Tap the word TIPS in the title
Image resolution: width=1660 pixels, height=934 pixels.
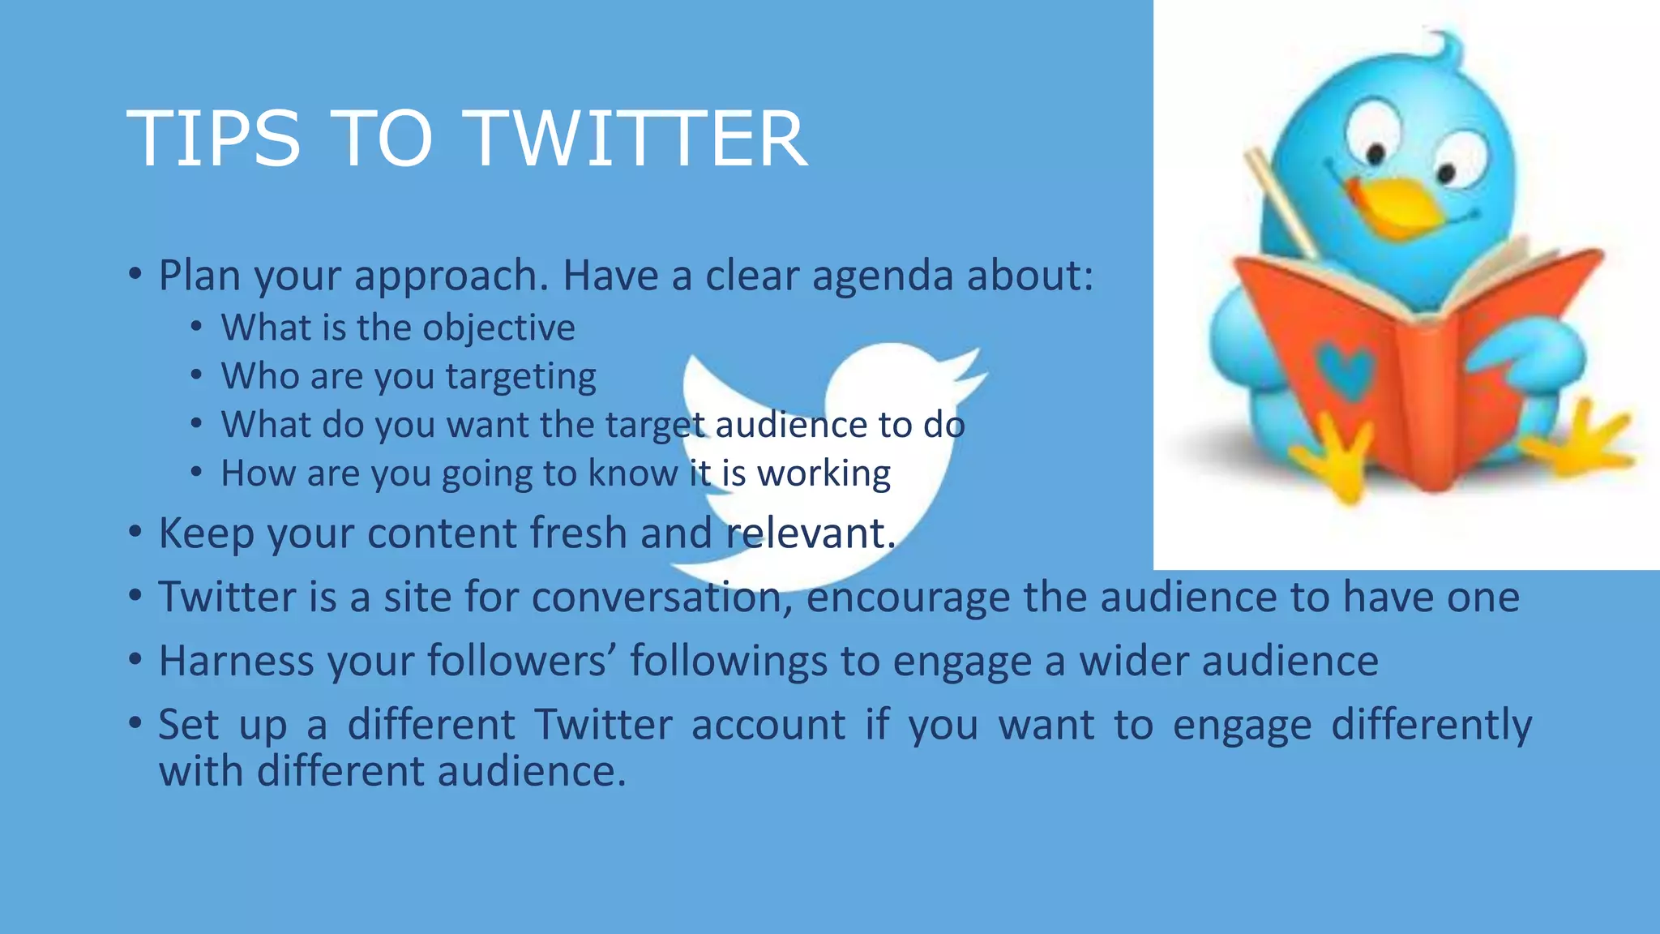214,139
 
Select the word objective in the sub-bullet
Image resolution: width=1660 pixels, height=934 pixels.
498,328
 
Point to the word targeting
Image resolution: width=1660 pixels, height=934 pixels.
520,377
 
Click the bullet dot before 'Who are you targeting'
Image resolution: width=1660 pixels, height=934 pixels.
196,375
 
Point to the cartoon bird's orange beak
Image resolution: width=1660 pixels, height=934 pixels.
1398,203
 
